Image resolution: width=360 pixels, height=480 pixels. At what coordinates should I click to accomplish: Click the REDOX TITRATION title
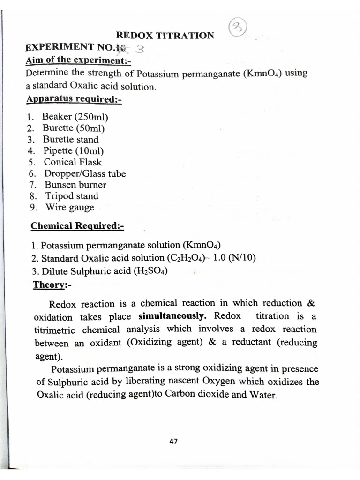165,35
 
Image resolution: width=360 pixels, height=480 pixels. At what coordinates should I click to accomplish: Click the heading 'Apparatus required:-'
74,99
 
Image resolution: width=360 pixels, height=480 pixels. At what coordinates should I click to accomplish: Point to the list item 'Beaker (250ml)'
75,116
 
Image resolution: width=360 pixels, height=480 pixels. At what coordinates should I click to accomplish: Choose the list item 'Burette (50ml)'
74,128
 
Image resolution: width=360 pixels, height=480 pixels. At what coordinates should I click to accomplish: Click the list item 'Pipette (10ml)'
74,150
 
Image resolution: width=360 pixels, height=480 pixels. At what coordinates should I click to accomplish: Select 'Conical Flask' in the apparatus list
73,162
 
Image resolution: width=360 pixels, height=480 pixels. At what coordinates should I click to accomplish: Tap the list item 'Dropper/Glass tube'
85,173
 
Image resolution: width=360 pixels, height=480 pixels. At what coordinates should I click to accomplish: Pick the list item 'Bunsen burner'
75,185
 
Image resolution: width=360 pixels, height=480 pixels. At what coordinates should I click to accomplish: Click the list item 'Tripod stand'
71,196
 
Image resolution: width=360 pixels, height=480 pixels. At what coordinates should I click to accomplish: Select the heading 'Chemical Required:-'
77,226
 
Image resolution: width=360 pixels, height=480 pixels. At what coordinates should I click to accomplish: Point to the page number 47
173,441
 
